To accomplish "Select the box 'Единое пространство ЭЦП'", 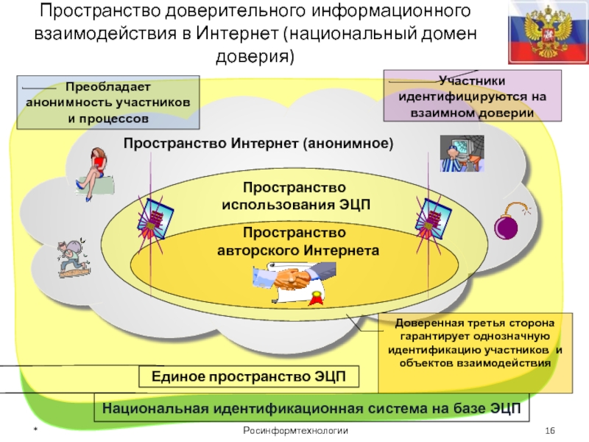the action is tap(248, 377).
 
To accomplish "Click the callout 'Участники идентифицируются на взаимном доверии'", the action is tap(471, 96).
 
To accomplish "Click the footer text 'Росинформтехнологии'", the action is tap(295, 430).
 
